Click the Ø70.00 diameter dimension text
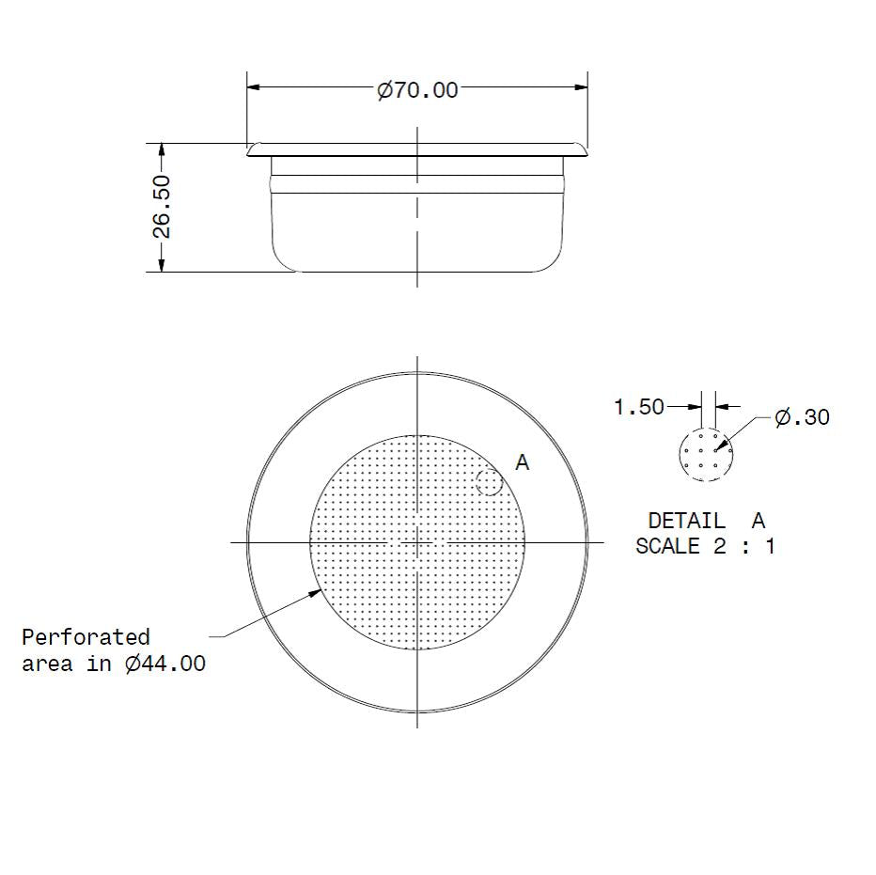coord(417,90)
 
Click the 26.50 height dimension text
coord(161,207)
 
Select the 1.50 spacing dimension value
coord(638,407)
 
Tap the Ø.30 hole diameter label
coord(802,417)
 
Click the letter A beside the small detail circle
coord(523,462)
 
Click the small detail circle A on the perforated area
coord(489,483)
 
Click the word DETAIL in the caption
coord(686,521)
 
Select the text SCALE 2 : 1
coord(705,546)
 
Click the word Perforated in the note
coord(86,637)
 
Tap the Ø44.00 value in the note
coord(164,664)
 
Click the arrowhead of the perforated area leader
coord(318,592)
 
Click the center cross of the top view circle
coord(416,542)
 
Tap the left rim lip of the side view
coord(253,148)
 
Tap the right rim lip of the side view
coord(581,148)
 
